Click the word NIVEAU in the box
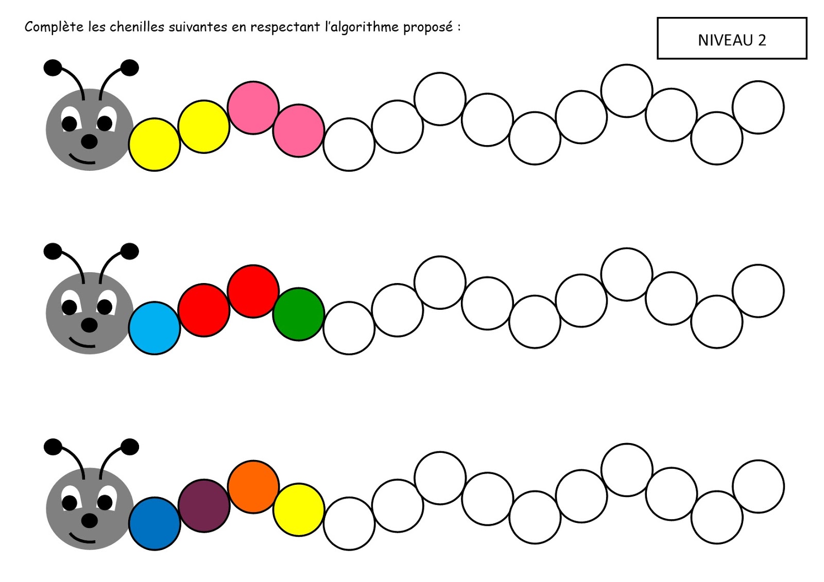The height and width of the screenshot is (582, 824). (725, 40)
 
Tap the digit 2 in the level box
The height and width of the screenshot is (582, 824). (762, 40)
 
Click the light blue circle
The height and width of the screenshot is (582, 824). (154, 328)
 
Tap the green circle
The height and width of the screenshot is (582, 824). (298, 314)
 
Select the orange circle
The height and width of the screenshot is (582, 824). (253, 486)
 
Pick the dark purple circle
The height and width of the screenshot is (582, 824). (204, 505)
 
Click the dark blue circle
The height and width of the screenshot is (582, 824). (154, 523)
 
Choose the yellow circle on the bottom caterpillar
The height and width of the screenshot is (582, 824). (298, 509)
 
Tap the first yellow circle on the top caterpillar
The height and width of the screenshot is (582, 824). (154, 144)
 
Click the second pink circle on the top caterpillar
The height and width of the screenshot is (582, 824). (298, 130)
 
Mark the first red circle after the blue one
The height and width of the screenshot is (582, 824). (204, 310)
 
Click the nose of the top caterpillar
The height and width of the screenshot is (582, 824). (89, 142)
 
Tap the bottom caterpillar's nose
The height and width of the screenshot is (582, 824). (89, 520)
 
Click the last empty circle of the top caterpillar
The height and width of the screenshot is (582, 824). (758, 107)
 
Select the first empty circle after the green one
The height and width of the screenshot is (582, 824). (349, 328)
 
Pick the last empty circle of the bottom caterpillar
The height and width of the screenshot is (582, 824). (758, 486)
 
